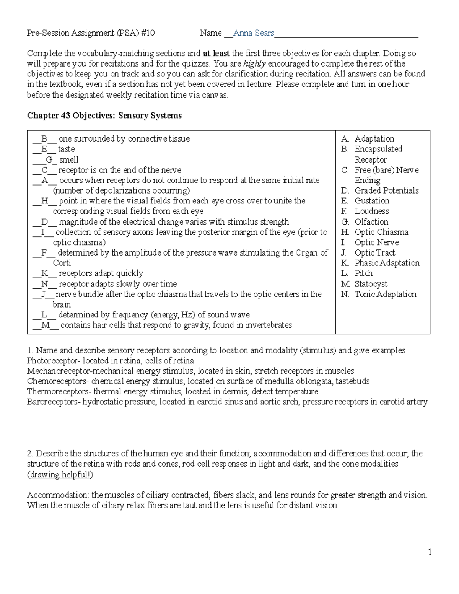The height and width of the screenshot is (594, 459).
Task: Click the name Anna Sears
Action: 254,33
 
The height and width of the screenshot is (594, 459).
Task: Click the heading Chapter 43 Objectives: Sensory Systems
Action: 104,116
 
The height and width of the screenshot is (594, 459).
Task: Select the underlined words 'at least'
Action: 216,54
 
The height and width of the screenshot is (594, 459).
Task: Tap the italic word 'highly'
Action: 254,64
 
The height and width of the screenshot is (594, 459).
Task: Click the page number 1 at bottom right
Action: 430,552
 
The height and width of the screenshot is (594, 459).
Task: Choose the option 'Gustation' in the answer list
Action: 372,201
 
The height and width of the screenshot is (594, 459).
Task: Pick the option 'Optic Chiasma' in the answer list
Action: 381,232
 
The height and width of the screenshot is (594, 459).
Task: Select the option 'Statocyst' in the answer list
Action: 371,284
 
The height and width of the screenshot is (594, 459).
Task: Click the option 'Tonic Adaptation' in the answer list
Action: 385,294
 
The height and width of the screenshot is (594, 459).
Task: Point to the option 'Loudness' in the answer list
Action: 371,211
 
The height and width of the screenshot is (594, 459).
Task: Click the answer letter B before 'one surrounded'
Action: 44,139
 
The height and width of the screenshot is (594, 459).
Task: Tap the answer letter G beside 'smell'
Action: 49,160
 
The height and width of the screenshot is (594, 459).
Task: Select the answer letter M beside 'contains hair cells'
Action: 46,325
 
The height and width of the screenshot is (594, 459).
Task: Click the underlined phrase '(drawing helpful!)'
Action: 60,475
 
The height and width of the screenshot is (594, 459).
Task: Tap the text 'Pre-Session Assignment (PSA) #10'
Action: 91,33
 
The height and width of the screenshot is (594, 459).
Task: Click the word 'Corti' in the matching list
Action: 62,263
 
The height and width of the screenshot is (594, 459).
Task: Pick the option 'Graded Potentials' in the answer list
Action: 386,190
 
